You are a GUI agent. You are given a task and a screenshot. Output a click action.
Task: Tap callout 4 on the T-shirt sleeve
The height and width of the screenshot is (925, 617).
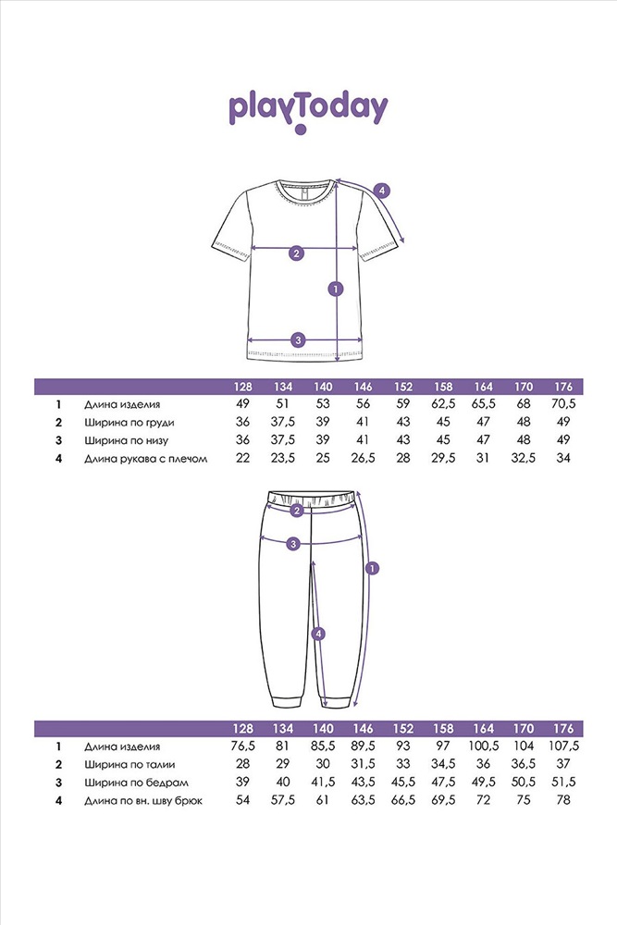(382, 191)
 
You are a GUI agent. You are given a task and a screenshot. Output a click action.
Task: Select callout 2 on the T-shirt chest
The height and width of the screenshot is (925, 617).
(297, 253)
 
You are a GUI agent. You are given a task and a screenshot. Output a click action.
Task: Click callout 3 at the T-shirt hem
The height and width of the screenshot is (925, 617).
(298, 339)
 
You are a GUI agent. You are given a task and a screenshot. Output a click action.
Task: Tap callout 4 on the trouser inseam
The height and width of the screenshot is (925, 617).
(318, 634)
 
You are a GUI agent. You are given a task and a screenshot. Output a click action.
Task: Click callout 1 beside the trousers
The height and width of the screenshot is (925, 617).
(372, 570)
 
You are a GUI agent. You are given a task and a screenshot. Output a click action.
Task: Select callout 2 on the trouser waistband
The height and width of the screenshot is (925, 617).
(297, 511)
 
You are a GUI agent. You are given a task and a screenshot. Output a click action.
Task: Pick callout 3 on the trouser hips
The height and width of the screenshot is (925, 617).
(293, 544)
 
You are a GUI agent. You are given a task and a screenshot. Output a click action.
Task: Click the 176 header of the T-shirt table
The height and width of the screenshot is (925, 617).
(563, 387)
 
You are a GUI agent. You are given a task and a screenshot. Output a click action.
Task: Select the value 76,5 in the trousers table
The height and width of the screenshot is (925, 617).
(243, 746)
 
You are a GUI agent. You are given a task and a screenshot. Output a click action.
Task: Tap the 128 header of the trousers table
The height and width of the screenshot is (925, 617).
(243, 728)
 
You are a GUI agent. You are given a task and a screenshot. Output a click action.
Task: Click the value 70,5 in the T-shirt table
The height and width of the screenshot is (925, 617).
(563, 404)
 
